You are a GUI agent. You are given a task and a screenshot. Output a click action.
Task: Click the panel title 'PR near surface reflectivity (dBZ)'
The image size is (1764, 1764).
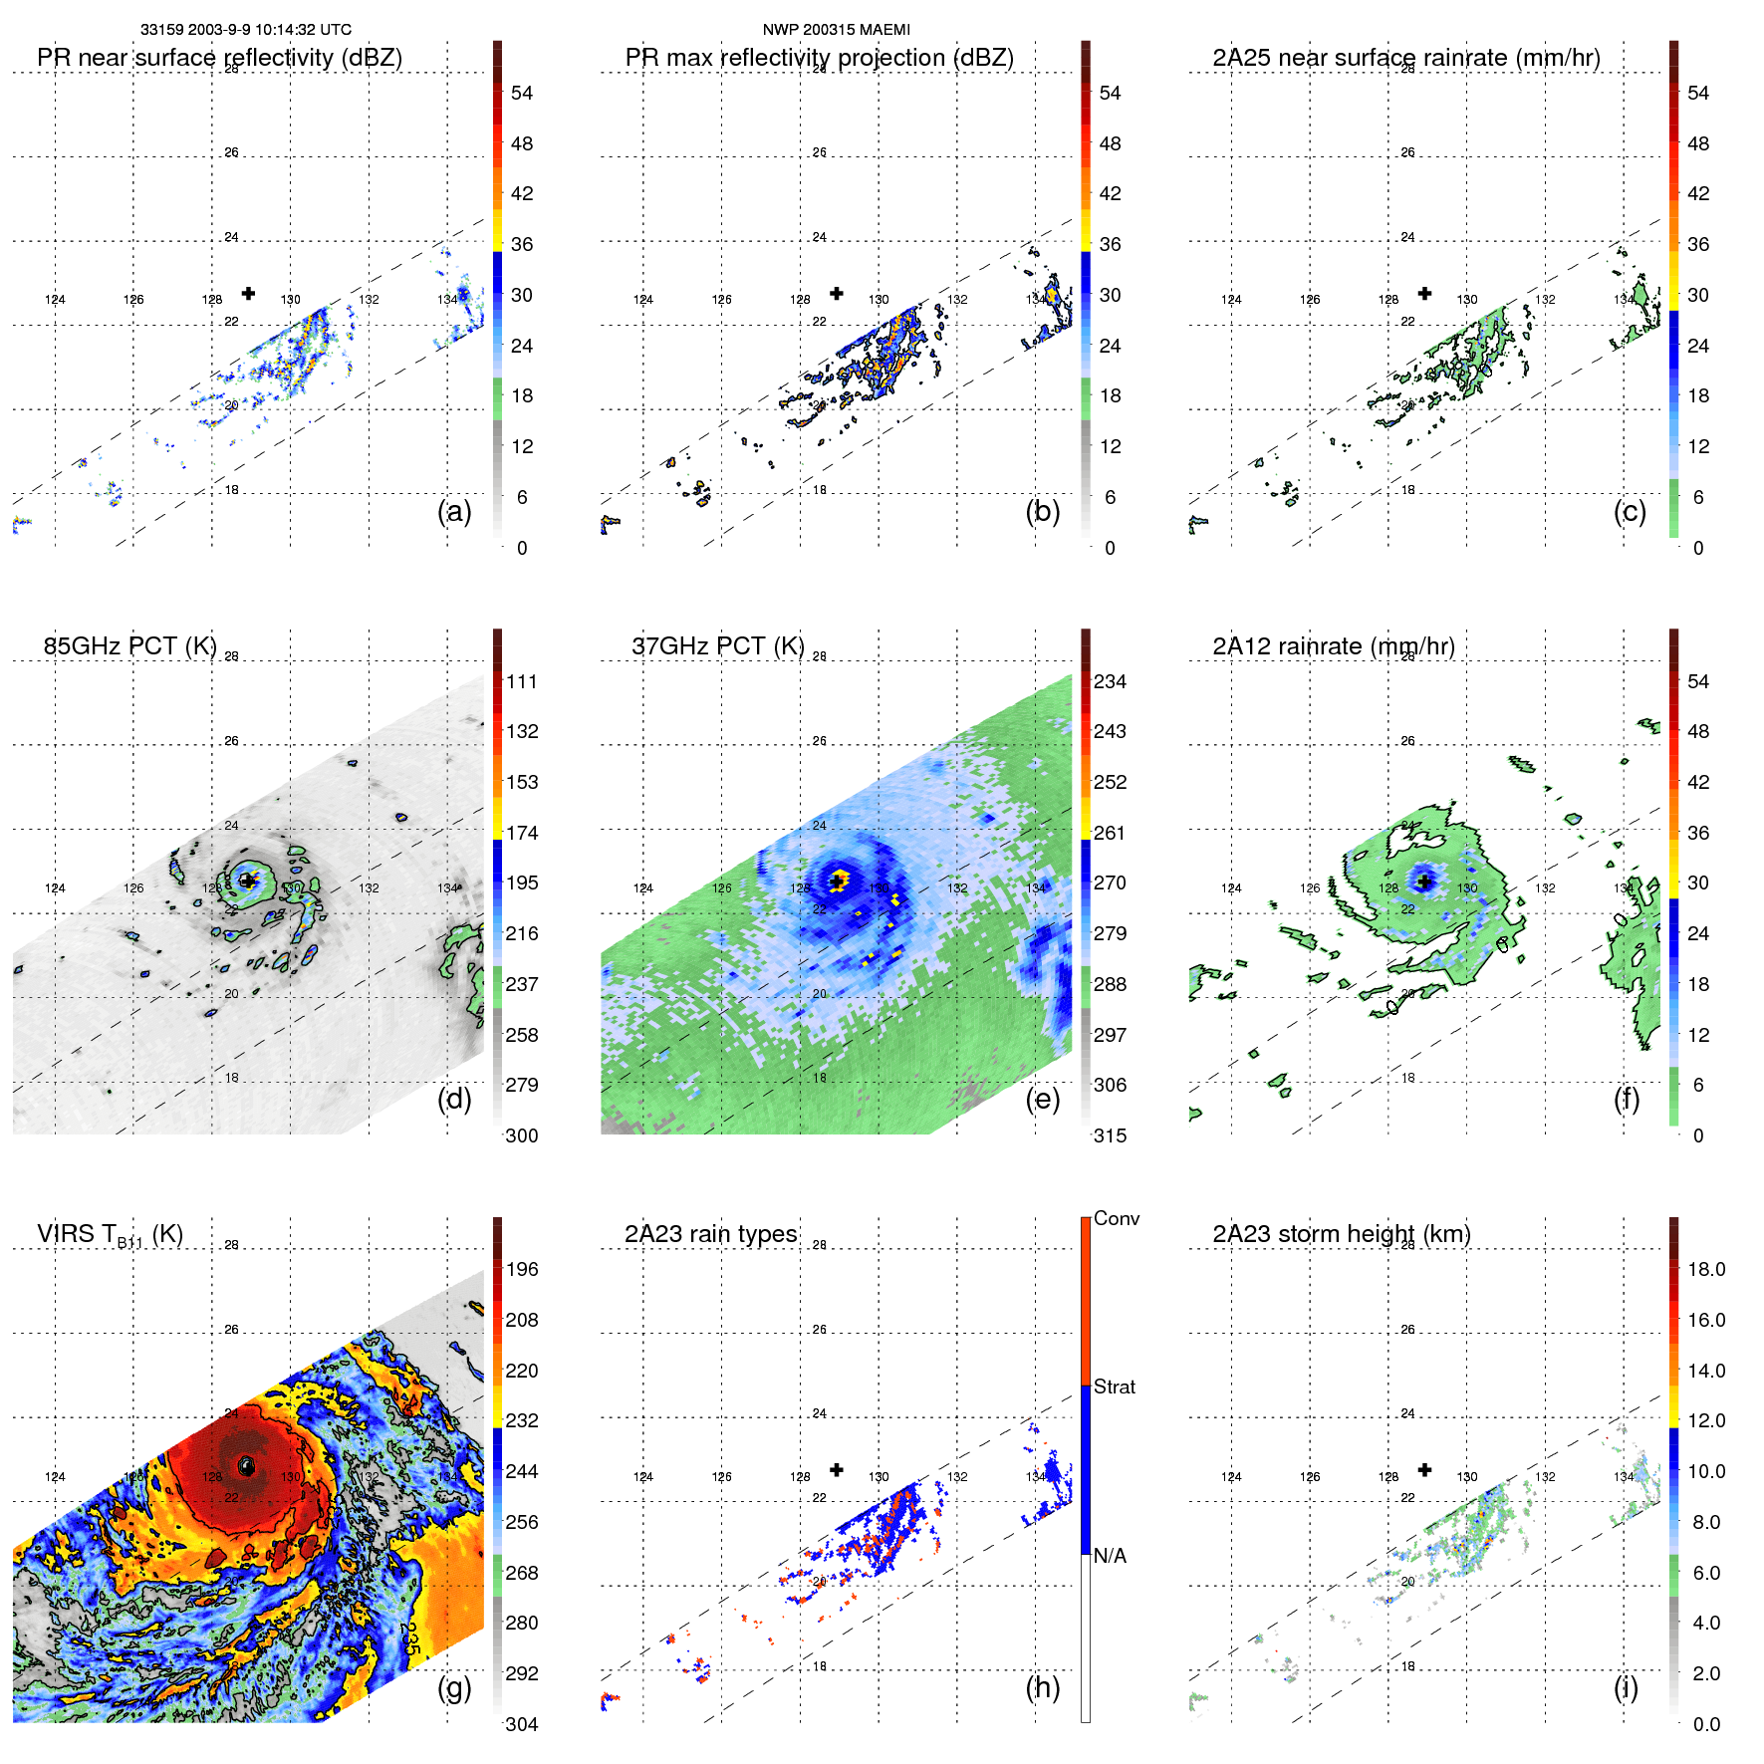(x=219, y=58)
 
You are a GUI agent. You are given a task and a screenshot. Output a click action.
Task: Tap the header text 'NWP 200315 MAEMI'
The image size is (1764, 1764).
(x=836, y=30)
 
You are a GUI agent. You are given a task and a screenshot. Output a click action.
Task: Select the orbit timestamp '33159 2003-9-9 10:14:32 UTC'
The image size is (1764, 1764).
(x=245, y=30)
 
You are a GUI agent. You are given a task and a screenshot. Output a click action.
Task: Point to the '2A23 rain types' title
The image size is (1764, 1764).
(x=710, y=1234)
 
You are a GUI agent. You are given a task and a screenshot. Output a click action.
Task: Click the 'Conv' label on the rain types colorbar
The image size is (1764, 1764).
(x=1116, y=1218)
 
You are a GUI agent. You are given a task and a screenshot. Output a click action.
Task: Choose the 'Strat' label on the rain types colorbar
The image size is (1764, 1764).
(x=1114, y=1386)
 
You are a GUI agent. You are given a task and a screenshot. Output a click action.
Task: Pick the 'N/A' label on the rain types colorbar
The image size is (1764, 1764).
(x=1110, y=1556)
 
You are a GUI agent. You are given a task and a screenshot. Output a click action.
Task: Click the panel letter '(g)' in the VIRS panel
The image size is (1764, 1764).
(x=454, y=1687)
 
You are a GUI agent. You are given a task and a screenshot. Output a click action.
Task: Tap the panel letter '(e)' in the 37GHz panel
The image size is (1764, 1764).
(x=1042, y=1100)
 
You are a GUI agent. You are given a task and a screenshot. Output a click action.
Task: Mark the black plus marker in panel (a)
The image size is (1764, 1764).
(x=248, y=293)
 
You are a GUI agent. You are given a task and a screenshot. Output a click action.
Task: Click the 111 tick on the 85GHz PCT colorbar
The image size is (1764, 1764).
(x=521, y=682)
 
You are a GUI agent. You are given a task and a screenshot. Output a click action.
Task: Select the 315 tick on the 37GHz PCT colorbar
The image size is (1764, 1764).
(x=1110, y=1135)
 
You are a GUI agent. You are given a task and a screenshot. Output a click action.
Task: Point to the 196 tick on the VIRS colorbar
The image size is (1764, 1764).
(x=521, y=1270)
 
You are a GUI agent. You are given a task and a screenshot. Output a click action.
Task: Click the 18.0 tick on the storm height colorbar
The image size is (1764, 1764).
(x=1705, y=1270)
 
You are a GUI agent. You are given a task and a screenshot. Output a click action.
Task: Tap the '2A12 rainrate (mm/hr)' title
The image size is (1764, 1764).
(x=1333, y=646)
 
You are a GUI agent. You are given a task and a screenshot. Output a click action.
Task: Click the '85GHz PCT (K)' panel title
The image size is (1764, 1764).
(x=129, y=646)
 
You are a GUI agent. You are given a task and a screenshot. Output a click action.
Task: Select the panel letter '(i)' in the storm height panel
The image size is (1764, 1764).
(x=1626, y=1687)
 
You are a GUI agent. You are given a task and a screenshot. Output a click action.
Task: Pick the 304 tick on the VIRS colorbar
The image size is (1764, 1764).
(x=521, y=1724)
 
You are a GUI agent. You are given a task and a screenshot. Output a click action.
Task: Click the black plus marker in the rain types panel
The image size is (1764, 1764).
(x=837, y=1470)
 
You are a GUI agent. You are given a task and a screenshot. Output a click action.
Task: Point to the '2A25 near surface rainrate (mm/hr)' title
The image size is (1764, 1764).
(x=1405, y=58)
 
